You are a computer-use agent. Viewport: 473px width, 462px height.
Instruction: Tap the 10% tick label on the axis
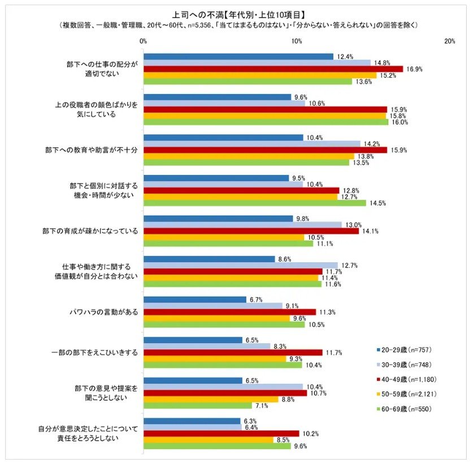point(296,42)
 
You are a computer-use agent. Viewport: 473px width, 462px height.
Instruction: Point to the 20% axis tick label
point(450,42)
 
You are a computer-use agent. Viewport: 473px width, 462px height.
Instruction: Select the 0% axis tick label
point(143,42)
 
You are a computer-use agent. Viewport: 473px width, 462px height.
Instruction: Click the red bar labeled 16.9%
point(274,69)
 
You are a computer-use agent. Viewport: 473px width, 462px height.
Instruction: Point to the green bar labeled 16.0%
point(266,122)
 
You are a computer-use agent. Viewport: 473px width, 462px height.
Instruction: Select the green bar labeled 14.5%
point(255,203)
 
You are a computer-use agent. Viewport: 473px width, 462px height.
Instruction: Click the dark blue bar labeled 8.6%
point(210,259)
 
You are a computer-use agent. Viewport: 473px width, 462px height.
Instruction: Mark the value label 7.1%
point(262,405)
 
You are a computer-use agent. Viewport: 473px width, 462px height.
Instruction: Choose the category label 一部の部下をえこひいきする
point(94,353)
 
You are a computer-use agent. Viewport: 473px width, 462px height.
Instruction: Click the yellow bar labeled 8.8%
point(211,399)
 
